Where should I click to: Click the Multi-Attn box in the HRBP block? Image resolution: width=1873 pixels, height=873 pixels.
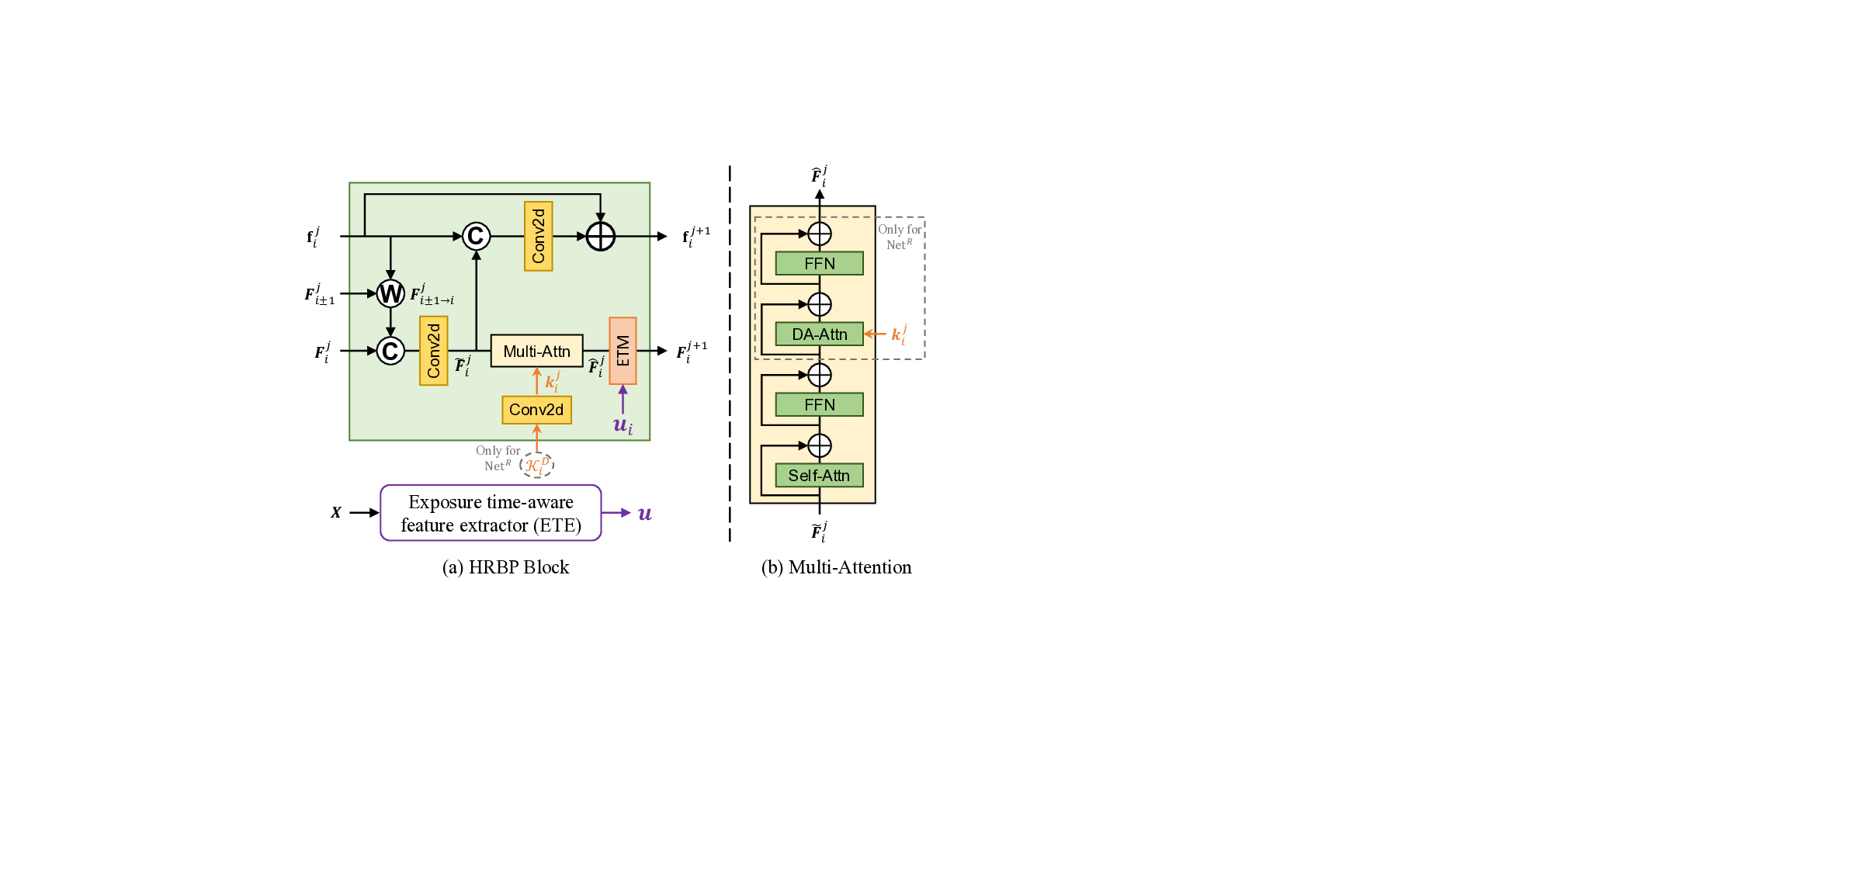point(536,351)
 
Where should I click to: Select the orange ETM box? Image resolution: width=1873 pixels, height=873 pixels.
point(623,351)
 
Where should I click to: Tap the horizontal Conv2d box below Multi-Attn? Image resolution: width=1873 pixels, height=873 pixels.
point(536,410)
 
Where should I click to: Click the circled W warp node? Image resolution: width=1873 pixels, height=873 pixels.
point(390,293)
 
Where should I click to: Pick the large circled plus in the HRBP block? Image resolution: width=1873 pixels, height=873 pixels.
point(600,236)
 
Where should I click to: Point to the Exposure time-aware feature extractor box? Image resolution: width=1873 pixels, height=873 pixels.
point(491,513)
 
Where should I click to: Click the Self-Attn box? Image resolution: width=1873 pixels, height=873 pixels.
point(819,476)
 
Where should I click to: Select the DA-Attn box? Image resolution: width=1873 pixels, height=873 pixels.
point(819,334)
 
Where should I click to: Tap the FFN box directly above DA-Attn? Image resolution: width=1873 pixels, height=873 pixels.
point(819,264)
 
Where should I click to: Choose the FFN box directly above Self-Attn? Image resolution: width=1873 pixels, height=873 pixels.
point(819,405)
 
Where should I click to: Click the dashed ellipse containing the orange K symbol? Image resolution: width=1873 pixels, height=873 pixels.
point(536,465)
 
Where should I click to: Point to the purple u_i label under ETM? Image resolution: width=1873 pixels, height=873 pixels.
point(623,425)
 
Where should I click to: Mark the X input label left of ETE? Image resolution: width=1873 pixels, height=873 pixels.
point(336,513)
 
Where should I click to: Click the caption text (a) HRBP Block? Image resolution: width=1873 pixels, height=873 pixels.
point(505,567)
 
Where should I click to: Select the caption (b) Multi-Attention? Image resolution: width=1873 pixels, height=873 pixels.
point(836,567)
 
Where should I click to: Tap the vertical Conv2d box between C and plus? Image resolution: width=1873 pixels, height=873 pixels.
point(538,236)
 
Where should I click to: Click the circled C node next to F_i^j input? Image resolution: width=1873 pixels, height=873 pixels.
point(390,351)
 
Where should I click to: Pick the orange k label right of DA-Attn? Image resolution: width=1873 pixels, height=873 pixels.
point(899,334)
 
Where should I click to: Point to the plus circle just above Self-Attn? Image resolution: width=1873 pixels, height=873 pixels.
point(820,445)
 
